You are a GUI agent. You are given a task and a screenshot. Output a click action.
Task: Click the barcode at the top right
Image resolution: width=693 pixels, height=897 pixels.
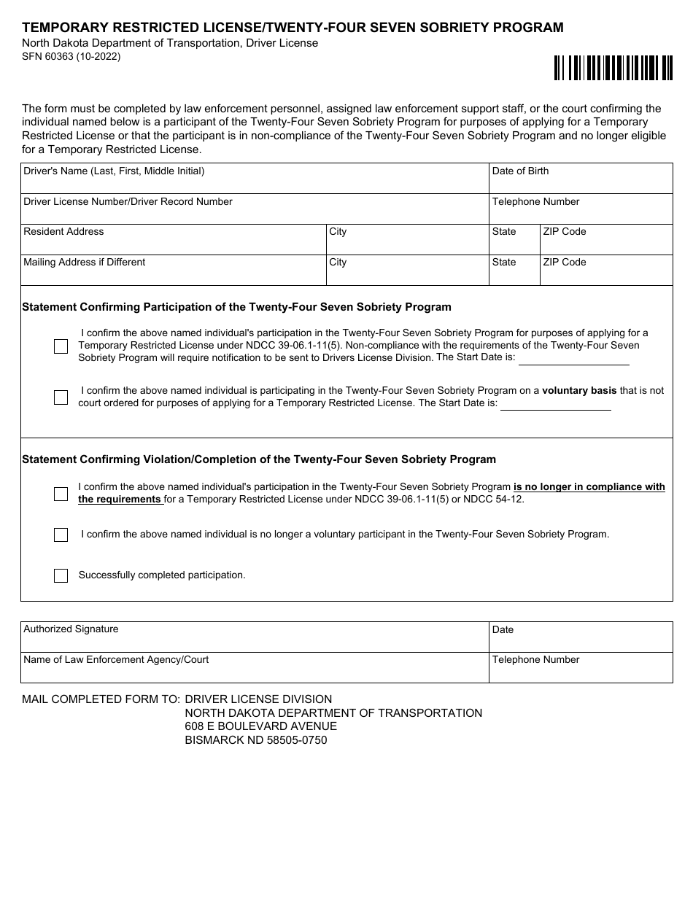613,68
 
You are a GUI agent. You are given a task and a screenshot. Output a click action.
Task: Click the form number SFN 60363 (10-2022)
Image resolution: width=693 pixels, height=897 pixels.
71,56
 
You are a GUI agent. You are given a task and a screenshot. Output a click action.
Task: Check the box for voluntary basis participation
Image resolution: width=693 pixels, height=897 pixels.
61,397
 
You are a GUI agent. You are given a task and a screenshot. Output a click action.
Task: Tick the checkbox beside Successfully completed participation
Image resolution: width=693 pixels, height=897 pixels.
61,575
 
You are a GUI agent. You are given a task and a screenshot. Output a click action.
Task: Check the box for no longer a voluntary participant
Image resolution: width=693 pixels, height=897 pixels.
61,535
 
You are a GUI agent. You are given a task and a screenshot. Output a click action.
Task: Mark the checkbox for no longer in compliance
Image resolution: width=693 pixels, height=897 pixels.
61,494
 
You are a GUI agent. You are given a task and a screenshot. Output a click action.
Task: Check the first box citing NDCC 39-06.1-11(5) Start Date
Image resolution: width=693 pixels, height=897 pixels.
61,346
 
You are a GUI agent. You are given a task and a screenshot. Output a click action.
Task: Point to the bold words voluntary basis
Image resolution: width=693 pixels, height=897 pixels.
579,391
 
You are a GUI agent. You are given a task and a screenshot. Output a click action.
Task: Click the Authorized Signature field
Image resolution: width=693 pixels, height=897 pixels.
255,637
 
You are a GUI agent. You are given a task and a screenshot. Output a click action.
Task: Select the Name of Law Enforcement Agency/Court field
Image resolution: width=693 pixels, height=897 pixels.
255,668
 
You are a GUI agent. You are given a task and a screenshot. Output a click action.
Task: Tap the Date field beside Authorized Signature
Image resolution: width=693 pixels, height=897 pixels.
580,637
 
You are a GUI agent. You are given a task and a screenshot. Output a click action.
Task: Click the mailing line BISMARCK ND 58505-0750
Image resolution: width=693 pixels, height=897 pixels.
256,740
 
